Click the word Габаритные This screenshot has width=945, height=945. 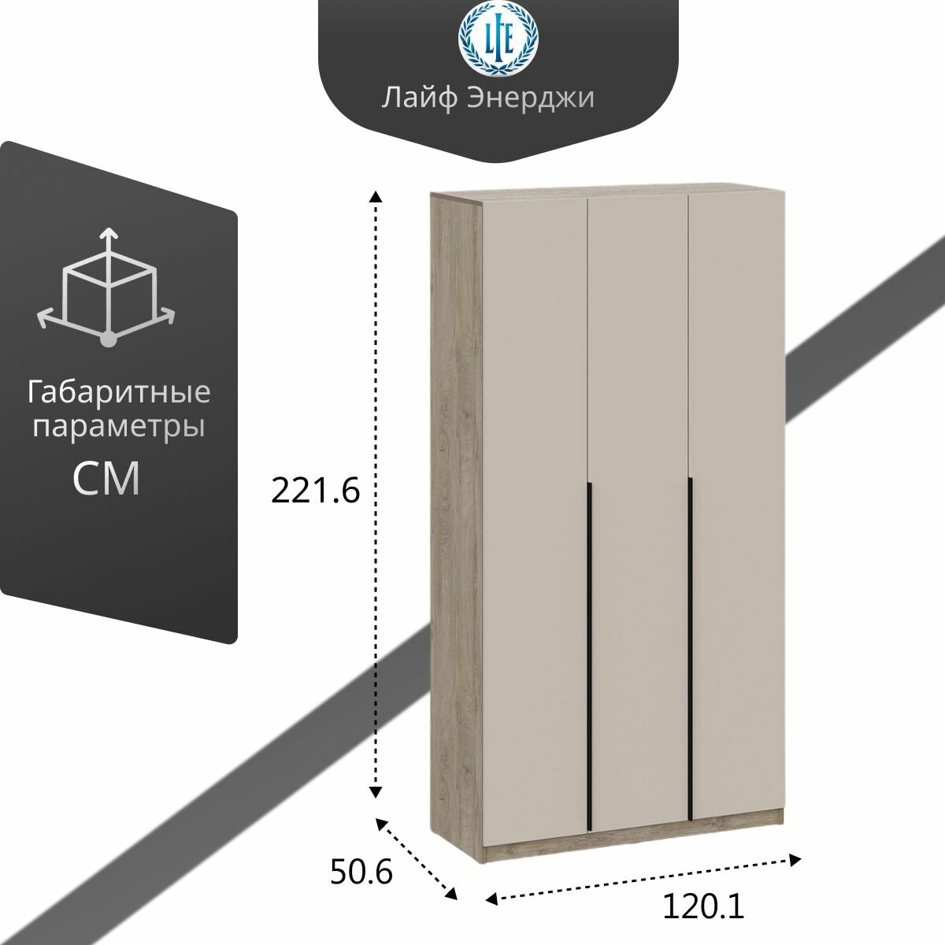coord(119,392)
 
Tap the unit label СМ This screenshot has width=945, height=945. coord(107,478)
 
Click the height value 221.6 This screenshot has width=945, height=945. coord(315,491)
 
